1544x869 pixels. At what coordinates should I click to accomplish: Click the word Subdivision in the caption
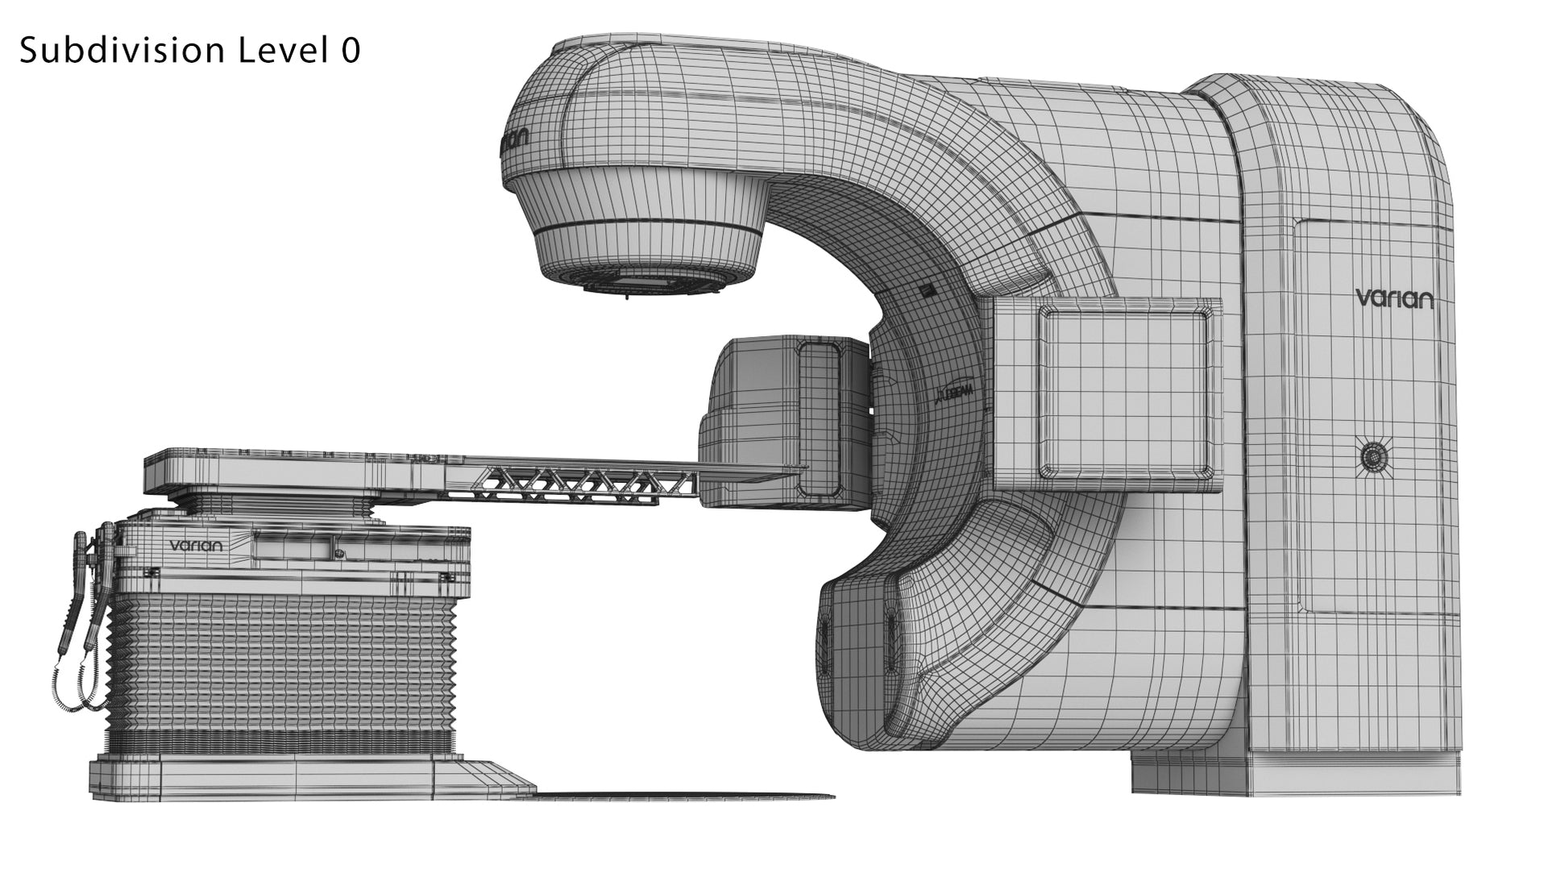point(121,51)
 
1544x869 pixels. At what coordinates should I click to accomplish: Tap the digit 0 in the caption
point(350,51)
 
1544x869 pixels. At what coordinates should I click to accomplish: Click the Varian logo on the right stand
point(1394,298)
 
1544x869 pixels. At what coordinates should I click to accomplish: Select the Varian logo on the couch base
point(195,546)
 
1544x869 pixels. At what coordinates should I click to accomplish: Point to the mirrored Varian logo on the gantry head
point(513,142)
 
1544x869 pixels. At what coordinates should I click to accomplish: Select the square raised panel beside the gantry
point(1125,393)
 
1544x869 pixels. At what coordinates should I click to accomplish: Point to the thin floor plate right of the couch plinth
point(685,796)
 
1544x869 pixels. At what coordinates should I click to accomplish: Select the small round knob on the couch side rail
point(340,554)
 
